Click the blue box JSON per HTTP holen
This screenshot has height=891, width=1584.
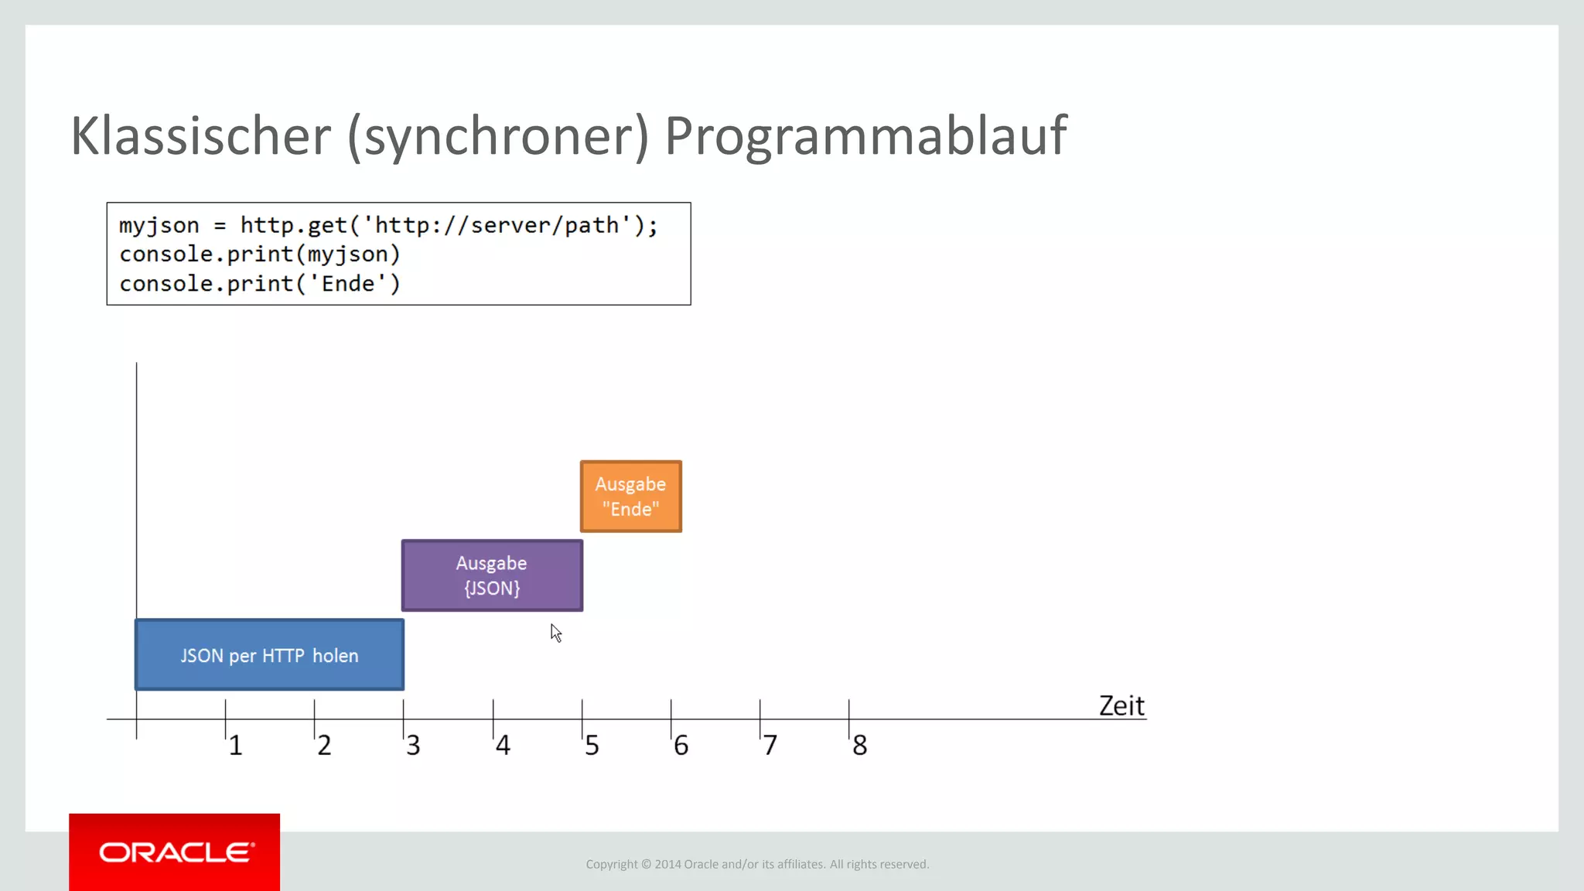[269, 655]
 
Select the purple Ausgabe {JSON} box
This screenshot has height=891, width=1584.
[492, 575]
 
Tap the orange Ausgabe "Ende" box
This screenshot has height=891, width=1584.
[630, 497]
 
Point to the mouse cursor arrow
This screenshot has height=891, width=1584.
[555, 632]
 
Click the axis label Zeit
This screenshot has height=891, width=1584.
[1121, 705]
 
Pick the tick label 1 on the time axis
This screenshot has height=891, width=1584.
[236, 746]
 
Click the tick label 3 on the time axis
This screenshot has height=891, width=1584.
[413, 746]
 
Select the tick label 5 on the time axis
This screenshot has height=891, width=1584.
[592, 746]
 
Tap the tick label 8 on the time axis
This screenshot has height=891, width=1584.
[859, 746]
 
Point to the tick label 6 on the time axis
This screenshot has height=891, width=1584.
[681, 746]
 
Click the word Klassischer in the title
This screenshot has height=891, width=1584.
[200, 136]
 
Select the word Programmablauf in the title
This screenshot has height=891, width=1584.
[865, 136]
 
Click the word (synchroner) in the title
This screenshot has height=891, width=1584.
[497, 136]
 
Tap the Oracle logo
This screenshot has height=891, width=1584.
[175, 852]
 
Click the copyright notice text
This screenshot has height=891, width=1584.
[757, 864]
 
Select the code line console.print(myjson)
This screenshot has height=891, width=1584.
[260, 254]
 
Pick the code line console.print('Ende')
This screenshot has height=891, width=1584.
[260, 284]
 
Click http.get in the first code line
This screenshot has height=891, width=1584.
[294, 225]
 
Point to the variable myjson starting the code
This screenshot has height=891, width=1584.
[159, 225]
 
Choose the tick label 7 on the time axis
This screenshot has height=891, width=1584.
[770, 746]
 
